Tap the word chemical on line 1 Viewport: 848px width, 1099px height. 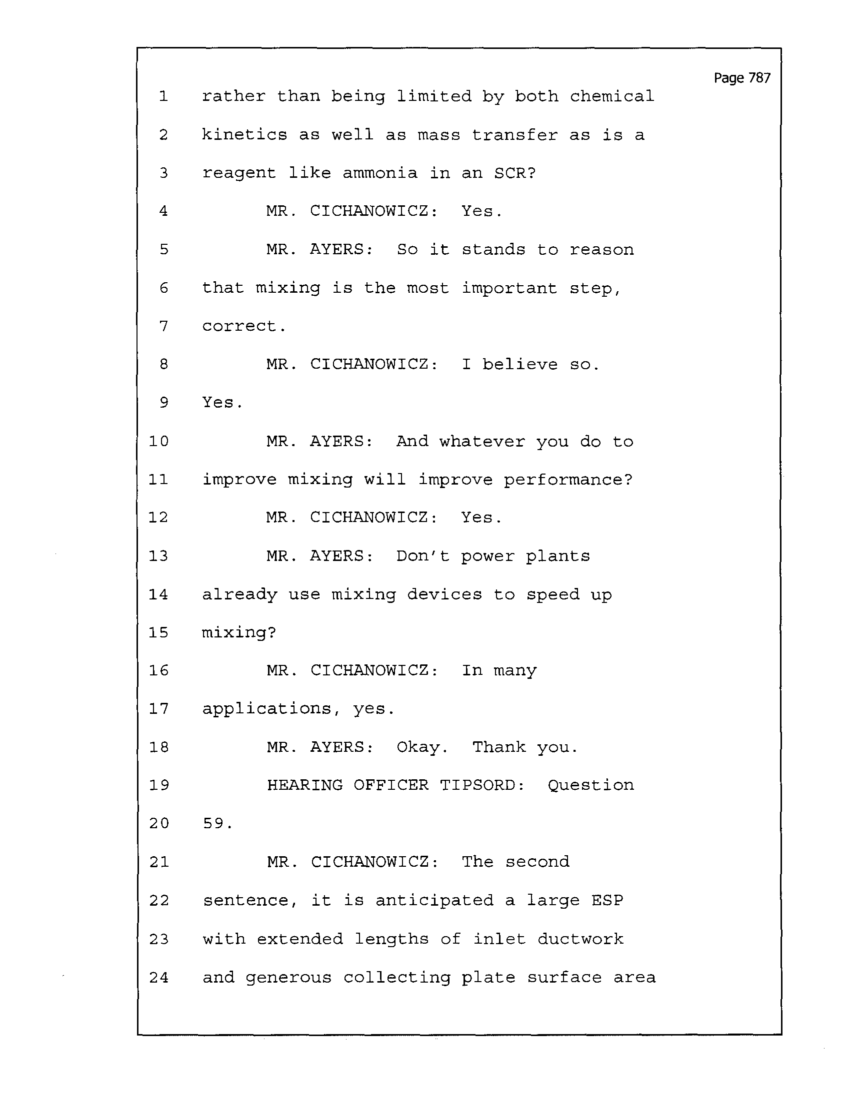(612, 96)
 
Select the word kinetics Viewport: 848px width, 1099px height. (244, 134)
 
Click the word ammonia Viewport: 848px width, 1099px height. (379, 173)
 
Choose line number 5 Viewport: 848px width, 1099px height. (163, 250)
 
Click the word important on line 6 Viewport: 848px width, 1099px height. (509, 288)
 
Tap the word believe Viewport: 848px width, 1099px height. (519, 364)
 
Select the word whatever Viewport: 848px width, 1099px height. (482, 441)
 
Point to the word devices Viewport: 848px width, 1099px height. (444, 594)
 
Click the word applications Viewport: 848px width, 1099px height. (267, 709)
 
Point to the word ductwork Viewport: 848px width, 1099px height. (580, 939)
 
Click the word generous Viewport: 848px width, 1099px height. (288, 978)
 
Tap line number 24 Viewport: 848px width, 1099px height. (158, 977)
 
